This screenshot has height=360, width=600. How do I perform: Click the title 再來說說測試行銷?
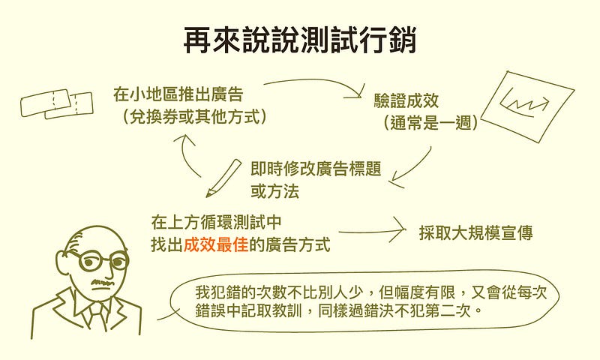pos(299,40)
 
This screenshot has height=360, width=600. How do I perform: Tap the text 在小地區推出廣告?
pos(178,94)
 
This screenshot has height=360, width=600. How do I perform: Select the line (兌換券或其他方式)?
pos(193,116)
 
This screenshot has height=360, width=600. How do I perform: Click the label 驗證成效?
pos(406,101)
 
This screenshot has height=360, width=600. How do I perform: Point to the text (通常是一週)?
pos(430,123)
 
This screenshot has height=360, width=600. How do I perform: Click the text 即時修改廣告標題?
pos(316,169)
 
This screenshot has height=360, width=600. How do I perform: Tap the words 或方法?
pos(274,191)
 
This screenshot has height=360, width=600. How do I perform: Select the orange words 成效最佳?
pos(216,244)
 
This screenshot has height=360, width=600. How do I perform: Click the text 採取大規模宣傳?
pos(475,232)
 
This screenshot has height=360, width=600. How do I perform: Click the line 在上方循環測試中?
pos(216,222)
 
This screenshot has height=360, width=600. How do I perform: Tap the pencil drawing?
pos(223,178)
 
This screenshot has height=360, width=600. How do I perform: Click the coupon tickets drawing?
pos(57,103)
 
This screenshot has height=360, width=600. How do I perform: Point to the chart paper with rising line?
pos(528,106)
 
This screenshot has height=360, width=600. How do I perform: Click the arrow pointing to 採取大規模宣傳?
pos(373,232)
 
